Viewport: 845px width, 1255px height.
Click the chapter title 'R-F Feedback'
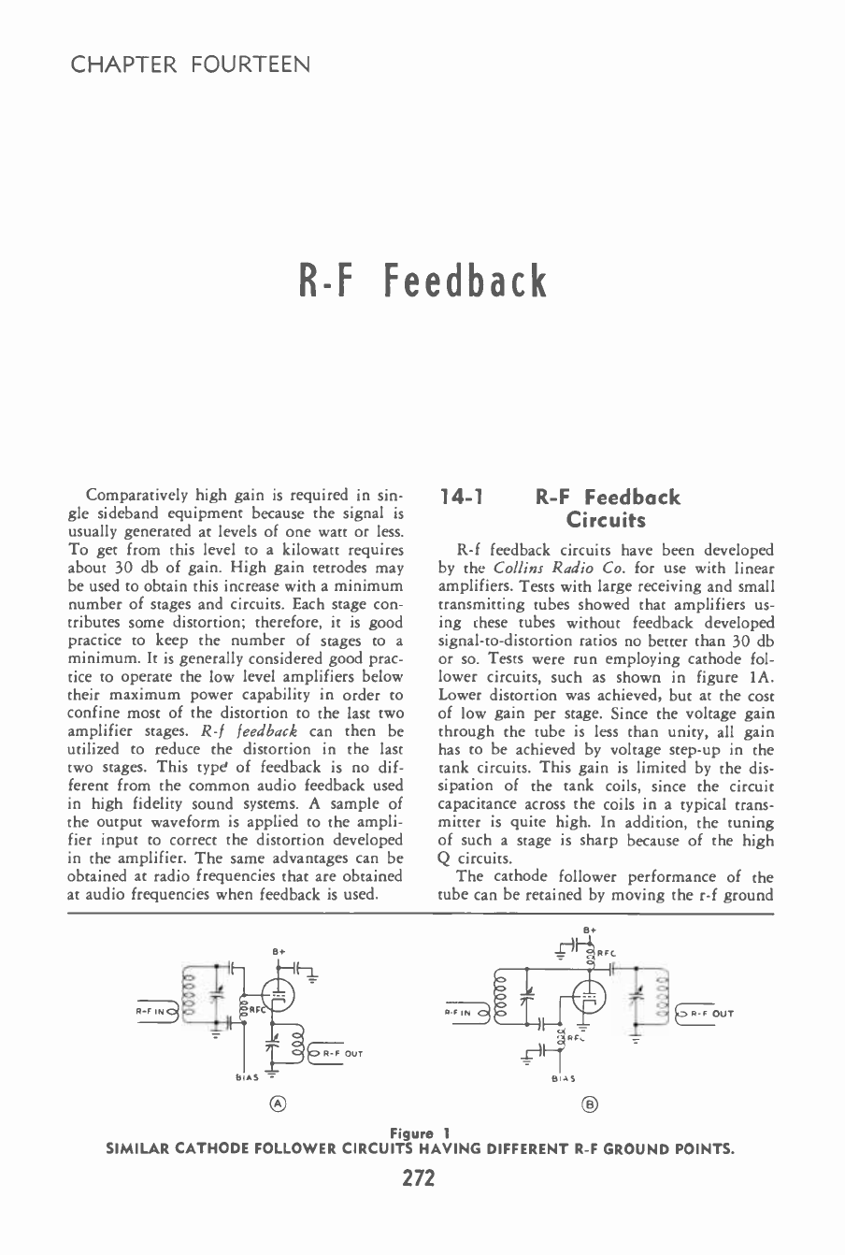pyautogui.click(x=422, y=281)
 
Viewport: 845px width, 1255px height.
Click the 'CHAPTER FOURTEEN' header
pyautogui.click(x=191, y=65)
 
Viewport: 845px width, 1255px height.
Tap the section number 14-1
pyautogui.click(x=460, y=498)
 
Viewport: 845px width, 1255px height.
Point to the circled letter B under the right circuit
pyautogui.click(x=590, y=1104)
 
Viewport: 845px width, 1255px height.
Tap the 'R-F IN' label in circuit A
pyautogui.click(x=151, y=1010)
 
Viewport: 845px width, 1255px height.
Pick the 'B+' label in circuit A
pyautogui.click(x=279, y=951)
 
